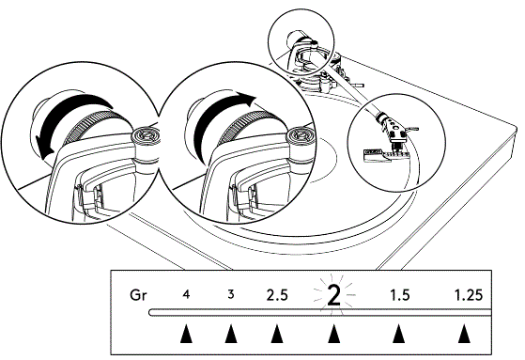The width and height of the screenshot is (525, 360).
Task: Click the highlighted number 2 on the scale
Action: [332, 296]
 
